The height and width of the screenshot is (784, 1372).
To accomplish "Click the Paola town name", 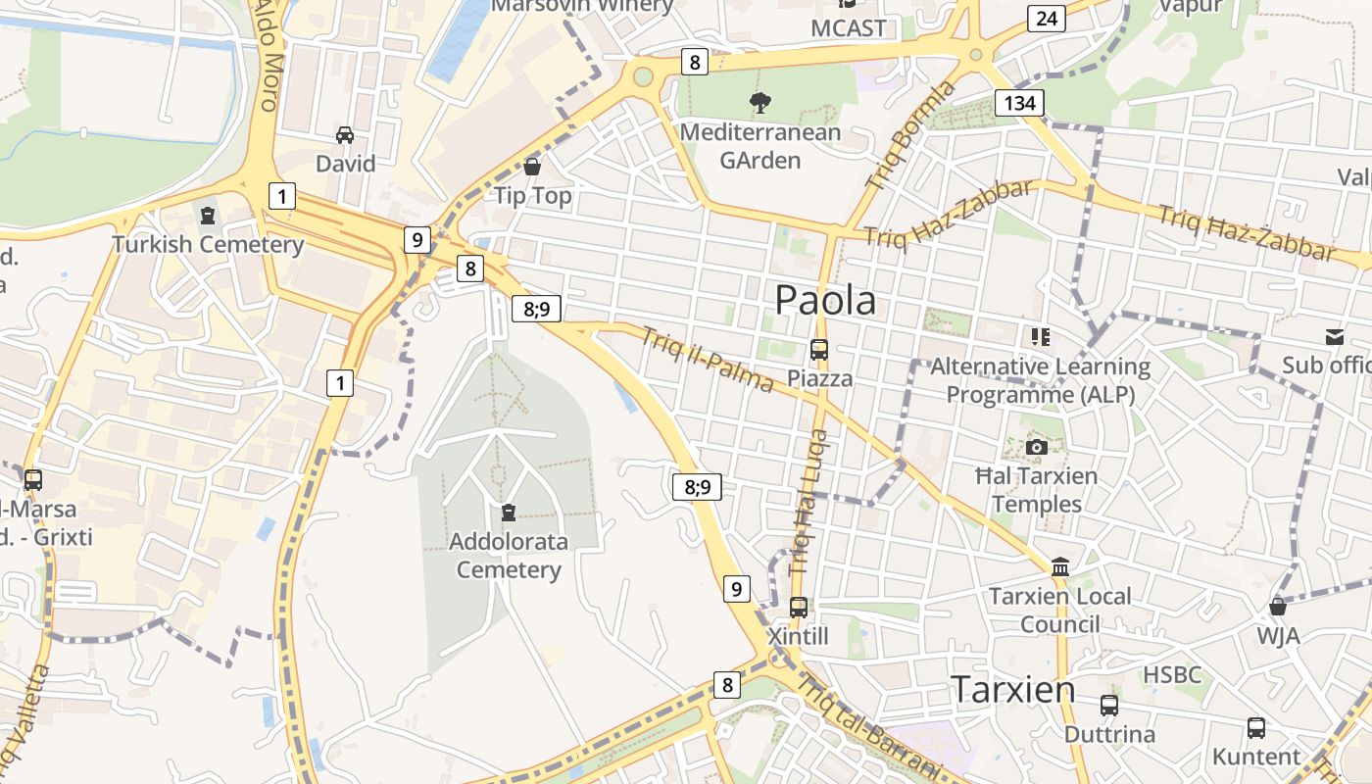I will pyautogui.click(x=825, y=300).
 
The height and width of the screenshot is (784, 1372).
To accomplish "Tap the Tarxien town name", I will pyautogui.click(x=1013, y=690).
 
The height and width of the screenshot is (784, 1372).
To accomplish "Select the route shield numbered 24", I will pyautogui.click(x=1047, y=18).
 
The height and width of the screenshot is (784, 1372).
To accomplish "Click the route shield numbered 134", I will pyautogui.click(x=1019, y=103).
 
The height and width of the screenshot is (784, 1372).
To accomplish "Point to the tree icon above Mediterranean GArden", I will pyautogui.click(x=759, y=101).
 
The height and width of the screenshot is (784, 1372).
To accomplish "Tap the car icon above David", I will pyautogui.click(x=345, y=134).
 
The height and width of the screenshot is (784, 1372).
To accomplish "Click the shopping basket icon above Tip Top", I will pyautogui.click(x=532, y=166).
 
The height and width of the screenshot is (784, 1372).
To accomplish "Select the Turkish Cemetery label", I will pyautogui.click(x=208, y=244).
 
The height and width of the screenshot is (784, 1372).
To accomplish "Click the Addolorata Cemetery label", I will pyautogui.click(x=508, y=556).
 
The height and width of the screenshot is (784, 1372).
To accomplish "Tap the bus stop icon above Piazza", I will pyautogui.click(x=818, y=349).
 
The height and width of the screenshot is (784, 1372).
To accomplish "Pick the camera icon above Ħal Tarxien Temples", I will pyautogui.click(x=1036, y=448).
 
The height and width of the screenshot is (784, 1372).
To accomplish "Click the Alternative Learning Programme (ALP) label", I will pyautogui.click(x=1040, y=380).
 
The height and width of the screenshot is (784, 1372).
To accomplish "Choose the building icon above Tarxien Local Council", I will pyautogui.click(x=1059, y=566).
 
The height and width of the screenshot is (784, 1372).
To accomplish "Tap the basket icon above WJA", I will pyautogui.click(x=1278, y=606).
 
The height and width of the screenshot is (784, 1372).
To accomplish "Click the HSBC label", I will pyautogui.click(x=1172, y=675).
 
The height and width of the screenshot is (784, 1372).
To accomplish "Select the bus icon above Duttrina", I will pyautogui.click(x=1109, y=706).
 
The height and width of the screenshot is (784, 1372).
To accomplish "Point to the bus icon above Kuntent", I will pyautogui.click(x=1255, y=728).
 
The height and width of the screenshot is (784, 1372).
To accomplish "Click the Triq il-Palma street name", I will pyautogui.click(x=707, y=360).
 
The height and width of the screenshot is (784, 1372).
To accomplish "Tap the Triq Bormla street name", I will pyautogui.click(x=910, y=135).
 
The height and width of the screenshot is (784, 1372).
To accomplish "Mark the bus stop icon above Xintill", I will pyautogui.click(x=799, y=608).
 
